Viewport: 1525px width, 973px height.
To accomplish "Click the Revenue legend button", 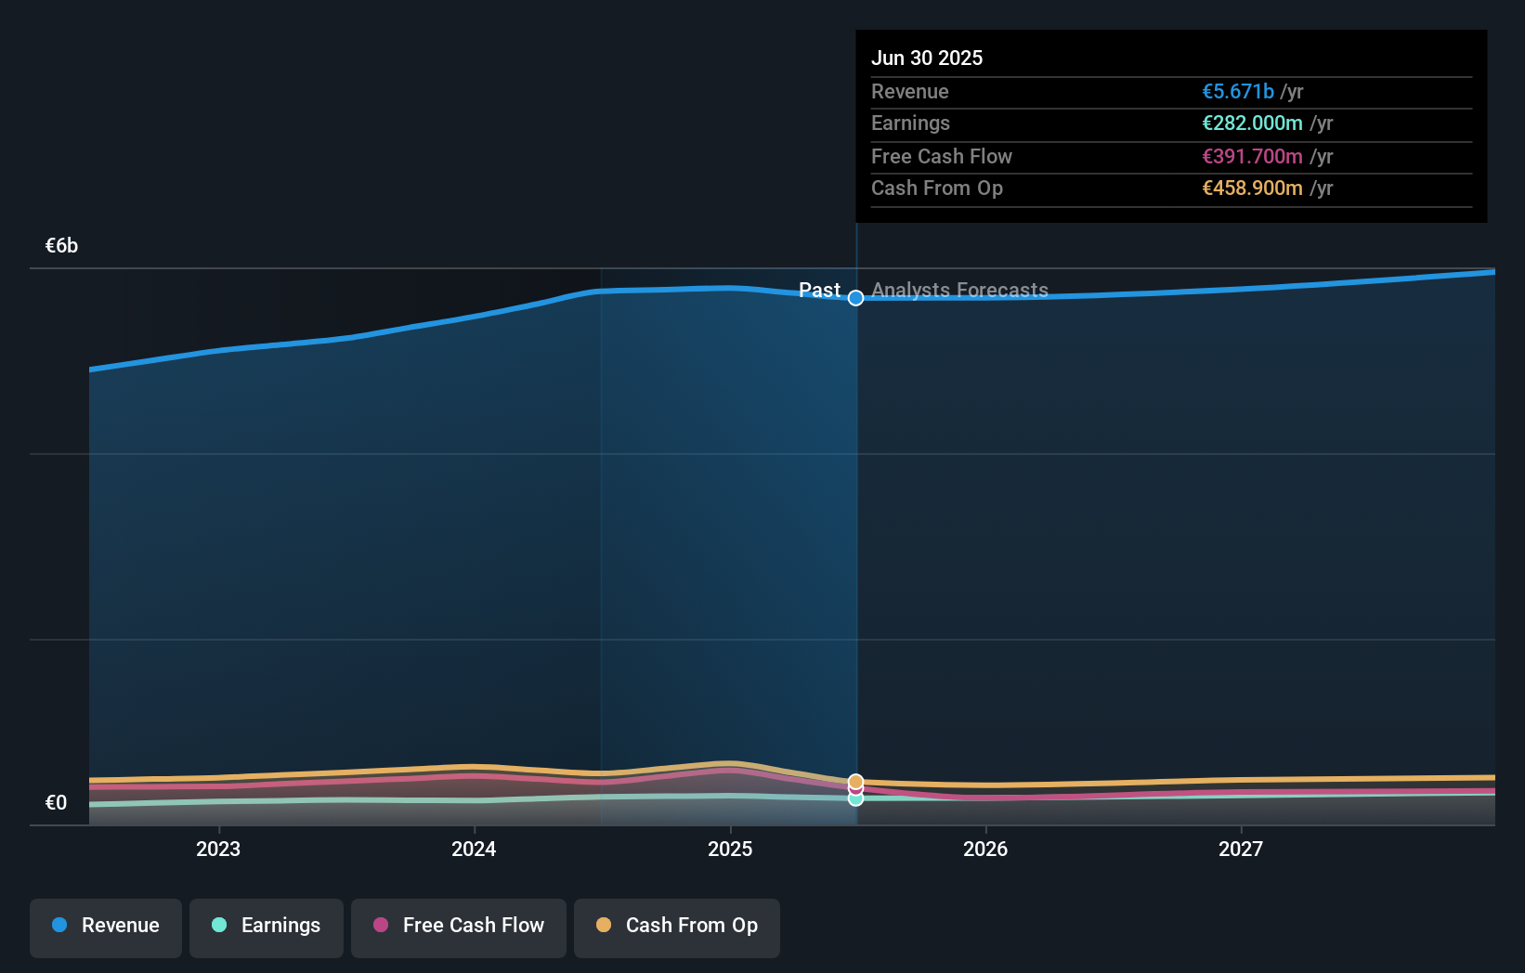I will tap(106, 927).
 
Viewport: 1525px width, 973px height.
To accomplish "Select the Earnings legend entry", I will tap(267, 927).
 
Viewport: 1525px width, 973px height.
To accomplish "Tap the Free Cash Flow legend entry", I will tap(459, 927).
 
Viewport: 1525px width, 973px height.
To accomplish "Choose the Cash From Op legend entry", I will tap(677, 927).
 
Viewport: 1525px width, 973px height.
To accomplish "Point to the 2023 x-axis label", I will tap(218, 850).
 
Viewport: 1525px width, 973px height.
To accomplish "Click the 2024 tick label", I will tap(474, 850).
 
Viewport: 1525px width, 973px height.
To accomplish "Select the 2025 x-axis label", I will tap(730, 850).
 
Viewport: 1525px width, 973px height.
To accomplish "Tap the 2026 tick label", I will tap(985, 850).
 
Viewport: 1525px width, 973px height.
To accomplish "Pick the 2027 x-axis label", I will tap(1241, 850).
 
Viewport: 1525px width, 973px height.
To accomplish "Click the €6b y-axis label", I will tap(61, 246).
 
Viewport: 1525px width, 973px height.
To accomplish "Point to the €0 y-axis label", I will tap(56, 803).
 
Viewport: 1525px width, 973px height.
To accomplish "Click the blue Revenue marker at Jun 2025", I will tap(856, 298).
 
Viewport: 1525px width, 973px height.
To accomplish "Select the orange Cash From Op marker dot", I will tap(856, 782).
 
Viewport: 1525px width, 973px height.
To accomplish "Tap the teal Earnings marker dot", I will tap(856, 799).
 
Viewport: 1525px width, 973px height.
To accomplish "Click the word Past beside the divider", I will tap(819, 291).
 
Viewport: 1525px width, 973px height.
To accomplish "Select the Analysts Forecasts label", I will tap(959, 291).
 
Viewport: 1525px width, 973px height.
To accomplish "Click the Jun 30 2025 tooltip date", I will tap(927, 58).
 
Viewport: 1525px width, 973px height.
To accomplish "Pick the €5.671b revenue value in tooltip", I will tap(1238, 92).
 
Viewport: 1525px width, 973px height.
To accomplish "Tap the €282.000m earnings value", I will tap(1252, 123).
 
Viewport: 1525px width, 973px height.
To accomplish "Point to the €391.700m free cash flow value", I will tap(1252, 157).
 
